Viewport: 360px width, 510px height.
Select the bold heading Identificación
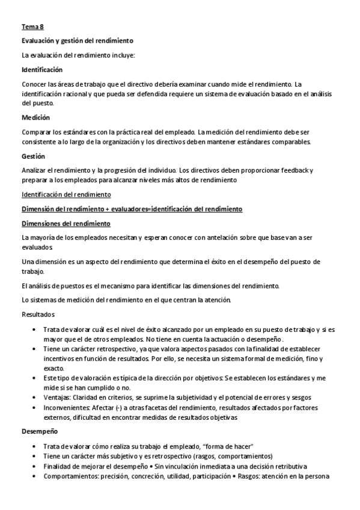tap(41, 70)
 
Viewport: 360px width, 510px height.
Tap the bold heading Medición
tap(35, 117)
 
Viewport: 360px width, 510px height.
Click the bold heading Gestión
tap(33, 156)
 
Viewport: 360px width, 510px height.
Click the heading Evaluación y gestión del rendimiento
tap(77, 40)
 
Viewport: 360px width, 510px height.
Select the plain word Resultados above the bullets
tap(38, 315)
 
